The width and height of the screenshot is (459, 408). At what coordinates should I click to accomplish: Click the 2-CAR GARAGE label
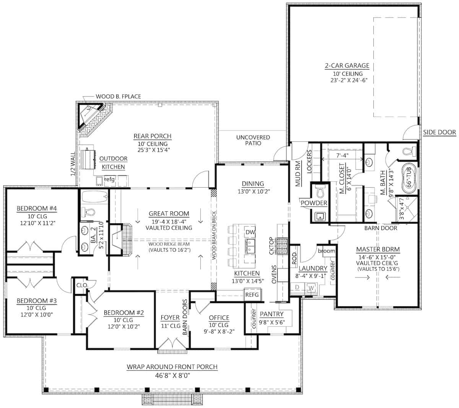pos(347,66)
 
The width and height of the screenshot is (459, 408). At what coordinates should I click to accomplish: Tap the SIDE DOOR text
pos(439,132)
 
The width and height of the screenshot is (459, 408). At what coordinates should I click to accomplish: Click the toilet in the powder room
pos(320,191)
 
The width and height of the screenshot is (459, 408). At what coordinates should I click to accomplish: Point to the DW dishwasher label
pos(250,232)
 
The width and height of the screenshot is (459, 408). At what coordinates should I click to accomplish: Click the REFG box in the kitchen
pos(252,295)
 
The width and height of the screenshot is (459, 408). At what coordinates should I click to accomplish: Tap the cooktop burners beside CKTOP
pos(282,246)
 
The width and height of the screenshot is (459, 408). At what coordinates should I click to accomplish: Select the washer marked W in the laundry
pos(311,288)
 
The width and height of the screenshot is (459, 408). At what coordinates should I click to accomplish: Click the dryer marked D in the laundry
pos(297,288)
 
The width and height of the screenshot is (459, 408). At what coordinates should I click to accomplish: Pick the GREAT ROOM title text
pos(169,214)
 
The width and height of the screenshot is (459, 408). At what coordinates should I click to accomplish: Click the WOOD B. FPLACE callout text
pos(118,96)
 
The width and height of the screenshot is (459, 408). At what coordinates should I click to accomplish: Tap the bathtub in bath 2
pos(94,197)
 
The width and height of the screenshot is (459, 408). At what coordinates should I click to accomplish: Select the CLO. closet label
pos(82,286)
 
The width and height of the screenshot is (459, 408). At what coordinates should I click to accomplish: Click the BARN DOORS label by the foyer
pos(185,317)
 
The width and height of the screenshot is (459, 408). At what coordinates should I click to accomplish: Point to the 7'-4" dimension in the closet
pos(342,155)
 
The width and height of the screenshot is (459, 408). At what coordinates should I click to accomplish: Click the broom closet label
pos(326,251)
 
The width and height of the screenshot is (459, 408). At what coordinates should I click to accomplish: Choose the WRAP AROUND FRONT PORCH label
pos(172,367)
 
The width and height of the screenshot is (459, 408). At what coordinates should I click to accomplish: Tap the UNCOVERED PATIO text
pos(253,140)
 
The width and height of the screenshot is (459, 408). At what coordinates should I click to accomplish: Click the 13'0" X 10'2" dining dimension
pos(254,191)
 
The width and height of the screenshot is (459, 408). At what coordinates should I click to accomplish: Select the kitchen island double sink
pos(250,246)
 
